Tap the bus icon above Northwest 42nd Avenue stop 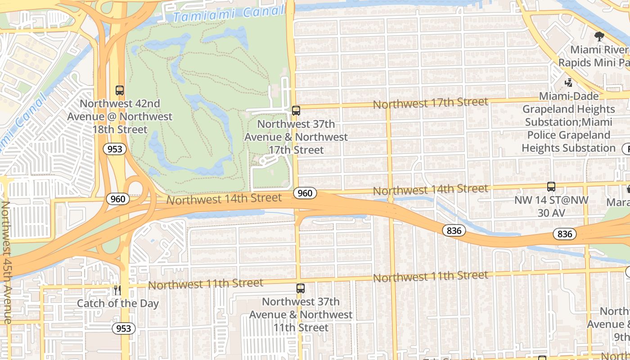click(119, 90)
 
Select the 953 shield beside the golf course click(115, 149)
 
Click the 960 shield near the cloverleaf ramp click(117, 198)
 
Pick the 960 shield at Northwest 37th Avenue click(305, 193)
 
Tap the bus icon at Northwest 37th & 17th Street click(296, 110)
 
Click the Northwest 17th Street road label click(430, 103)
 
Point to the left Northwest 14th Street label click(224, 198)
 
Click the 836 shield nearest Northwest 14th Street click(454, 230)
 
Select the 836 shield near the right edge click(564, 234)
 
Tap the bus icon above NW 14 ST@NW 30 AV click(551, 186)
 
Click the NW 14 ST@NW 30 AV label click(551, 206)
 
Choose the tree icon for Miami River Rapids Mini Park click(599, 36)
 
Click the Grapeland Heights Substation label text click(568, 122)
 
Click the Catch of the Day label click(117, 303)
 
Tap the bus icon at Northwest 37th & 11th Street click(300, 288)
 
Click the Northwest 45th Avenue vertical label click(6, 262)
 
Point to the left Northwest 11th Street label click(205, 283)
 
